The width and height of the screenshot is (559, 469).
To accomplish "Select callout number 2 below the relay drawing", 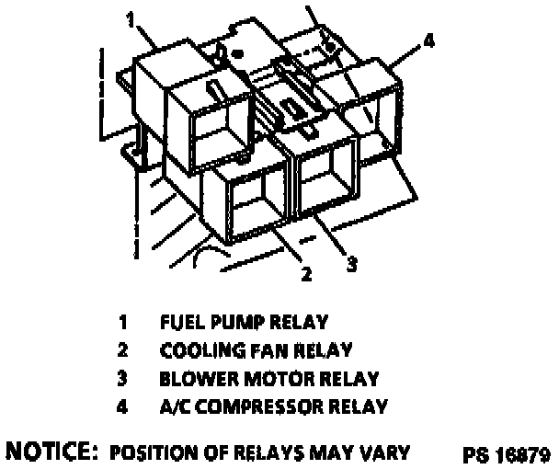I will point(307,272).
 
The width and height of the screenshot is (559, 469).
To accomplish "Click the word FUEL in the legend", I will point(179,323).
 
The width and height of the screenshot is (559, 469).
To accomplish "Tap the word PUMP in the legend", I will point(226,323).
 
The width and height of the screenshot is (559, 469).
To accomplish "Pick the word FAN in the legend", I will point(245,350).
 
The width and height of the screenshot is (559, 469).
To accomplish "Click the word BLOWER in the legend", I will point(190,378).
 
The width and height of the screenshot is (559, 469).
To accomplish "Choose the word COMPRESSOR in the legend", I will point(266,406).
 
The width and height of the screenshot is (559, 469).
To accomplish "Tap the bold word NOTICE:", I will point(52,452).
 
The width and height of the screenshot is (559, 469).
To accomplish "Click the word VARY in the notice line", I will point(388,452).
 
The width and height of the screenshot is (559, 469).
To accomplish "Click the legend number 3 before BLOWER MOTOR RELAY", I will point(122,378).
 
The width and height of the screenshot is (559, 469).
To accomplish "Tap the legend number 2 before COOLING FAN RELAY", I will point(122,350).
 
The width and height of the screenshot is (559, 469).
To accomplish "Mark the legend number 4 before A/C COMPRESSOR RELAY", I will point(122,406).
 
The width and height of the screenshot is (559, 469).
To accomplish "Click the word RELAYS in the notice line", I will point(276,452).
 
